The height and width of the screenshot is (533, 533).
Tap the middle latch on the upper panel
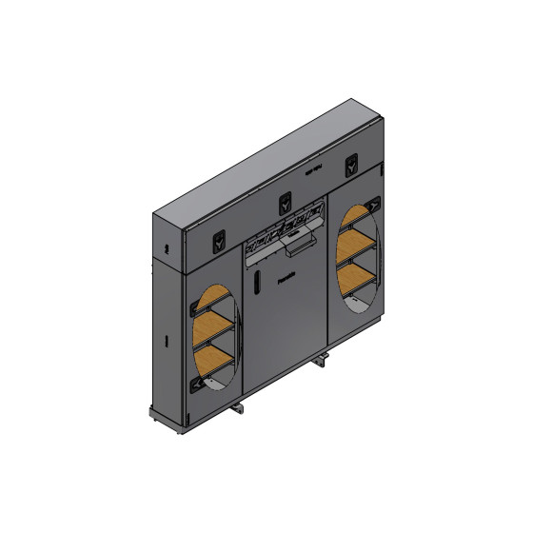coord(285,202)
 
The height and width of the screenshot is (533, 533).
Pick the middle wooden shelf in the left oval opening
coord(215,326)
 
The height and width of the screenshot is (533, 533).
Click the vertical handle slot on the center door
coord(258,283)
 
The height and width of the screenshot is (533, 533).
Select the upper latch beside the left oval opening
coord(197,308)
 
